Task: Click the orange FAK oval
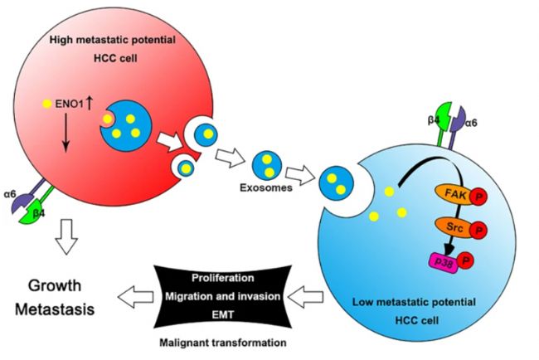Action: point(454,195)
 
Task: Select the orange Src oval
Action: point(454,227)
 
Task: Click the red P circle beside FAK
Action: point(478,197)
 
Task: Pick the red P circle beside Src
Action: point(478,230)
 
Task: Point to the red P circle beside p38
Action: point(465,260)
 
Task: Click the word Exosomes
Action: point(266,187)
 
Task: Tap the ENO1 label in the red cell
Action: point(70,104)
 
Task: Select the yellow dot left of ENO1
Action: point(46,104)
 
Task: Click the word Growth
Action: point(55,285)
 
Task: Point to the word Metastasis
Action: point(55,309)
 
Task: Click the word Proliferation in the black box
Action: point(223,278)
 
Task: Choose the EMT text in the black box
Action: point(223,314)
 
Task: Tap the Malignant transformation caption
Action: point(223,343)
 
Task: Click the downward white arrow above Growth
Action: point(66,236)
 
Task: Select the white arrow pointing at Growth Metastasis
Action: point(135,297)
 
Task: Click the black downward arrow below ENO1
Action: point(66,133)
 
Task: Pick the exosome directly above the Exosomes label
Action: point(267,165)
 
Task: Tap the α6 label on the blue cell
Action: point(471,123)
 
